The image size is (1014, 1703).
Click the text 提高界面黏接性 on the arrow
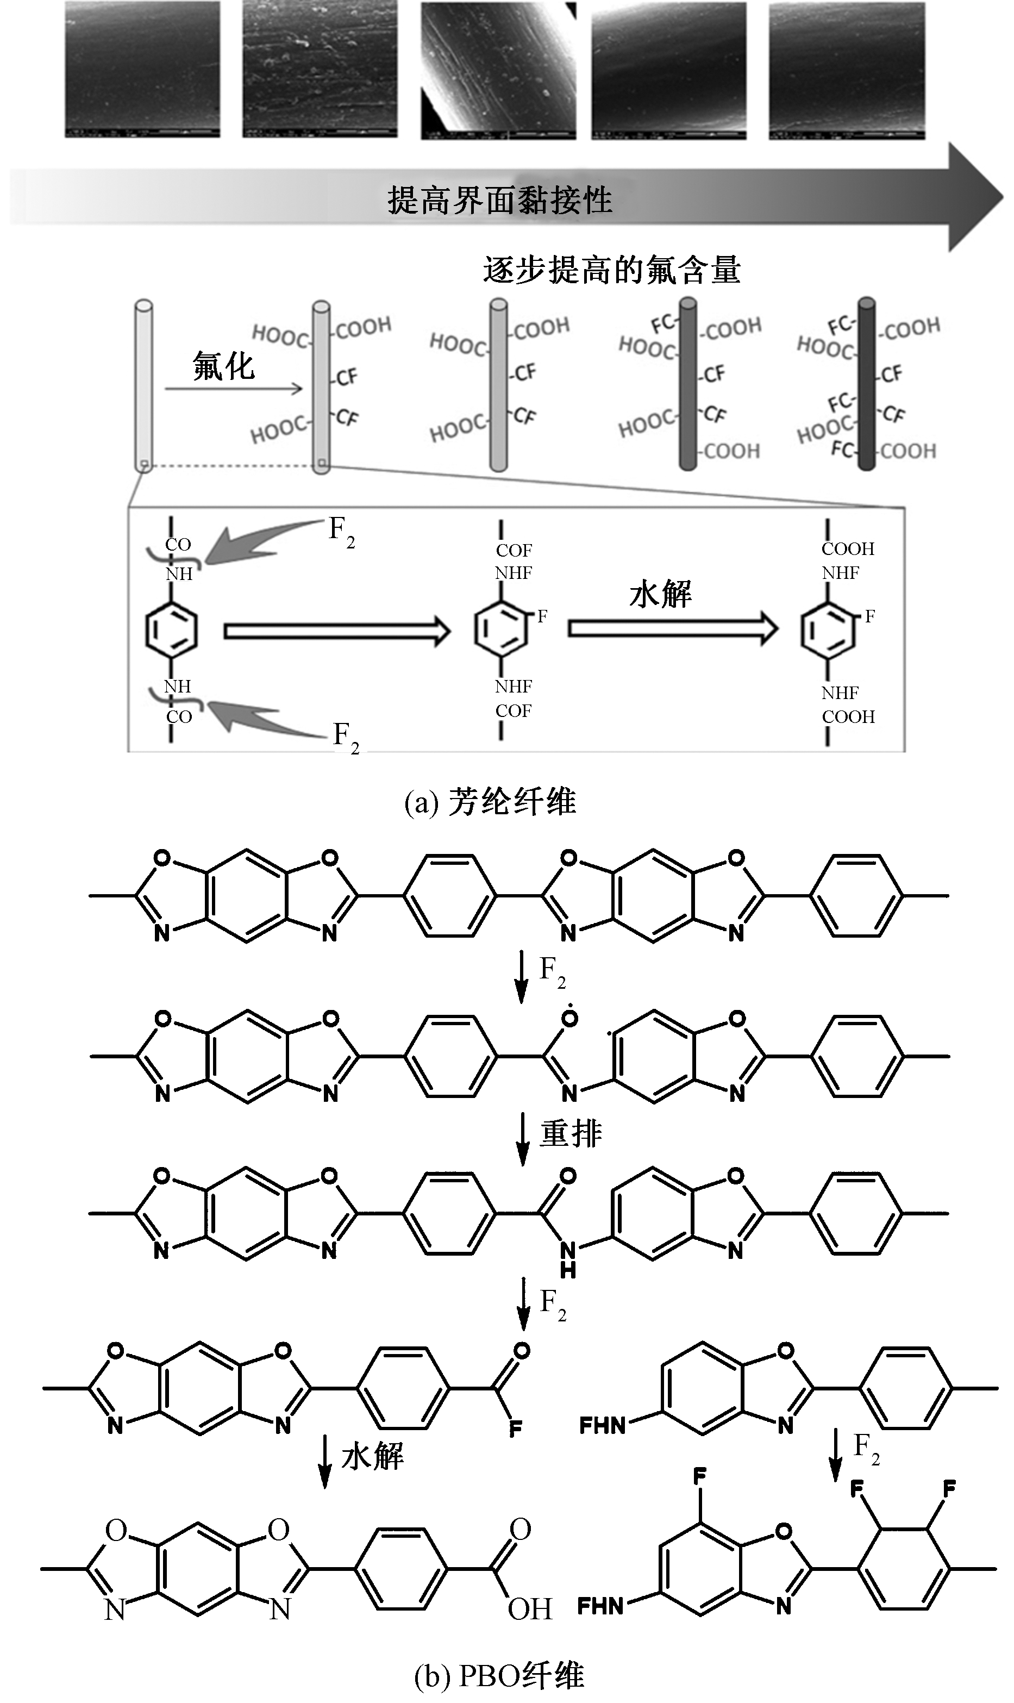pyautogui.click(x=499, y=199)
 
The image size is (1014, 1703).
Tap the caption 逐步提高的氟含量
pyautogui.click(x=611, y=270)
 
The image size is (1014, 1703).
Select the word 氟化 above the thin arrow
pyautogui.click(x=223, y=366)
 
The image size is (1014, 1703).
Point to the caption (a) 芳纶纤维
pyautogui.click(x=490, y=802)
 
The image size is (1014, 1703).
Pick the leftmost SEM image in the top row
pyautogui.click(x=142, y=70)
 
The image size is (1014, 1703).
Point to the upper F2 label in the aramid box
pyautogui.click(x=342, y=532)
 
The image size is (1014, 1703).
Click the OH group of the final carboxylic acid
pyautogui.click(x=529, y=1610)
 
